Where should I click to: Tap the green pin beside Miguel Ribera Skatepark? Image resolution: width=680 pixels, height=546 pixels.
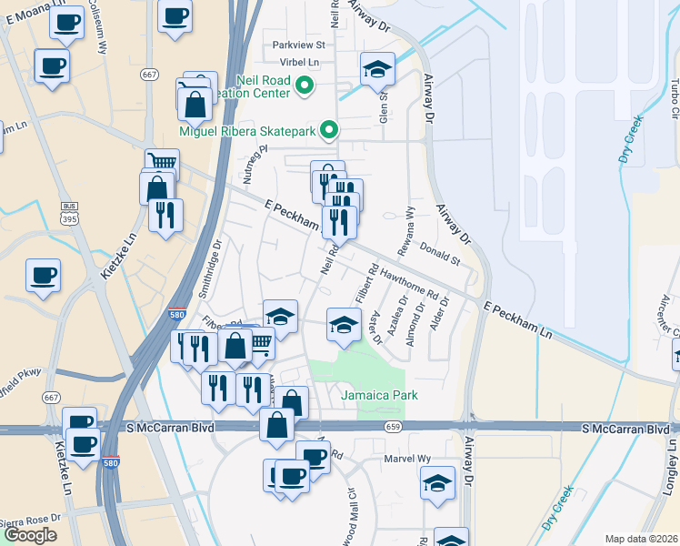click(x=330, y=131)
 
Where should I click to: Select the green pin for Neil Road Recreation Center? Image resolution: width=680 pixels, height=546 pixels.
click(x=305, y=87)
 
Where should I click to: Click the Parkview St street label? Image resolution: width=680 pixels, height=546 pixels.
click(x=297, y=45)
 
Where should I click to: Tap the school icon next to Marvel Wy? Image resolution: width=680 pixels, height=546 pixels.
click(x=437, y=484)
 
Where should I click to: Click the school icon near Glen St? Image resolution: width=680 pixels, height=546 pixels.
click(x=376, y=69)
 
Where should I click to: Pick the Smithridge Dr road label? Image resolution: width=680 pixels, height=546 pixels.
click(x=209, y=269)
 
